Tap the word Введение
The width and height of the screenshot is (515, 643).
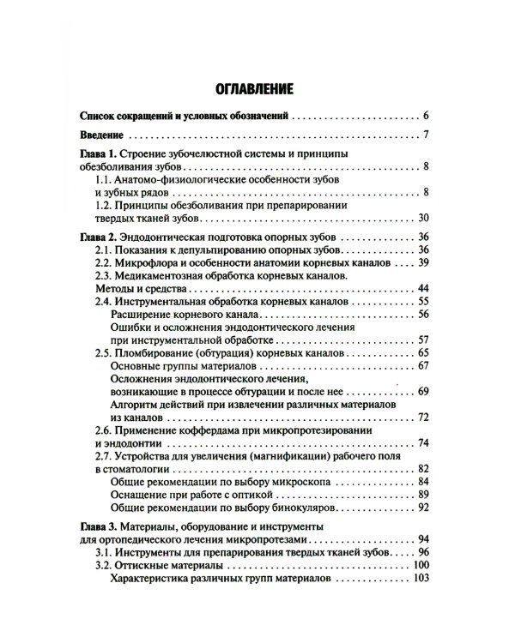click(100, 135)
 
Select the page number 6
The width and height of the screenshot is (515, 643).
click(427, 115)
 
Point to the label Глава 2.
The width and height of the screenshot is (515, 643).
click(96, 236)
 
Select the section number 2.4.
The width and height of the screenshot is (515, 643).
click(103, 302)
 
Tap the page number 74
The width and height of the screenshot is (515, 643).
click(423, 443)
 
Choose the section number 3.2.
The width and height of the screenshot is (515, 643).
click(103, 568)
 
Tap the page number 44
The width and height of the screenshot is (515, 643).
click(423, 289)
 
